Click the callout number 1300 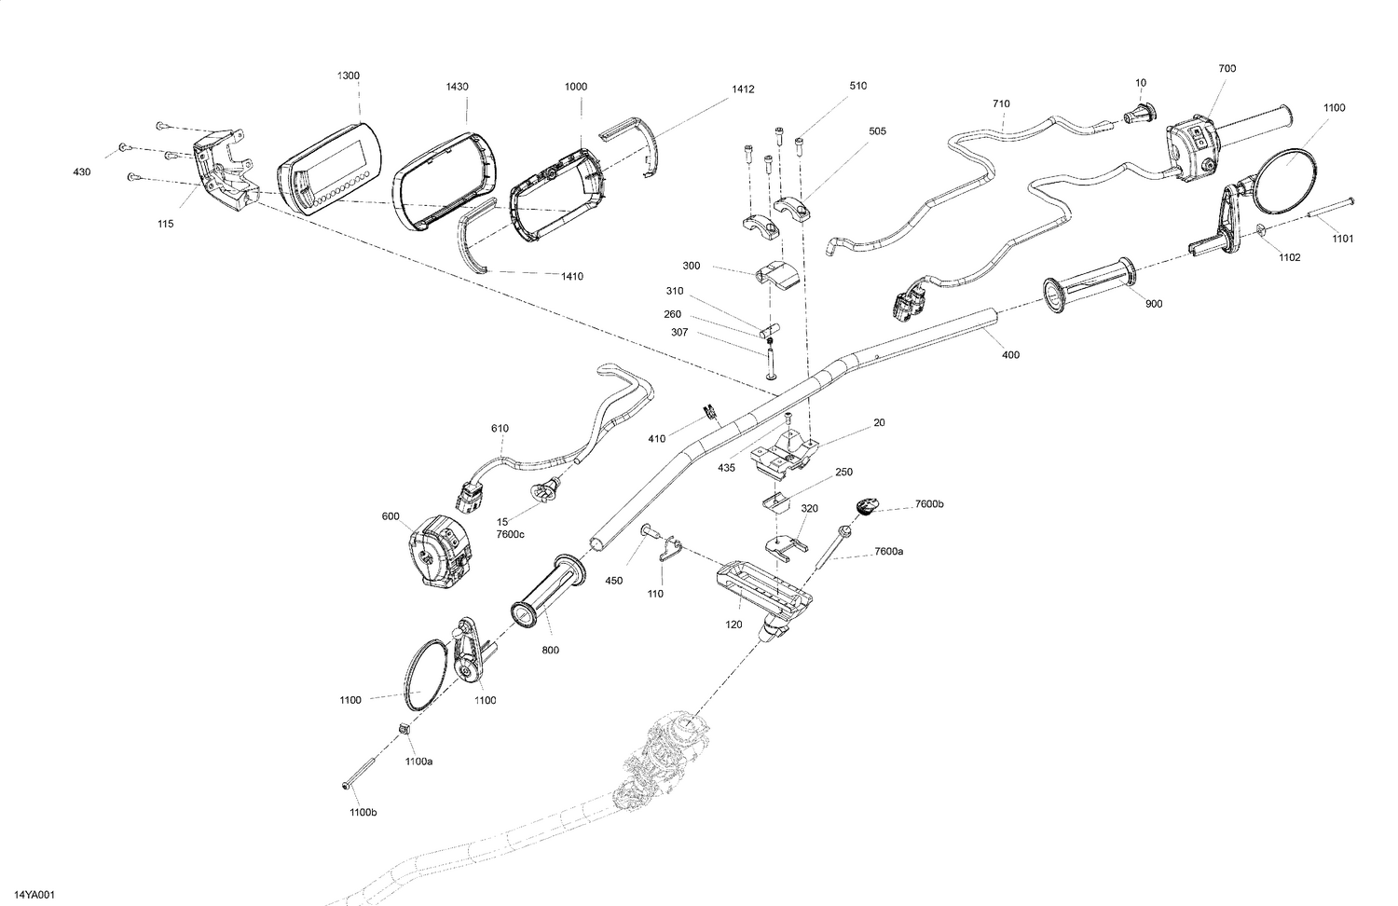[349, 75]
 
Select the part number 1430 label [457, 87]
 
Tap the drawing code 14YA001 [34, 895]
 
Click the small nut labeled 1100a [405, 729]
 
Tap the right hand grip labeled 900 [1090, 283]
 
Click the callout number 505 [877, 131]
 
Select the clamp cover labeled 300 [775, 275]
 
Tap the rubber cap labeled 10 [1138, 114]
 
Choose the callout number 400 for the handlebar [1010, 354]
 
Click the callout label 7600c [510, 533]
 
